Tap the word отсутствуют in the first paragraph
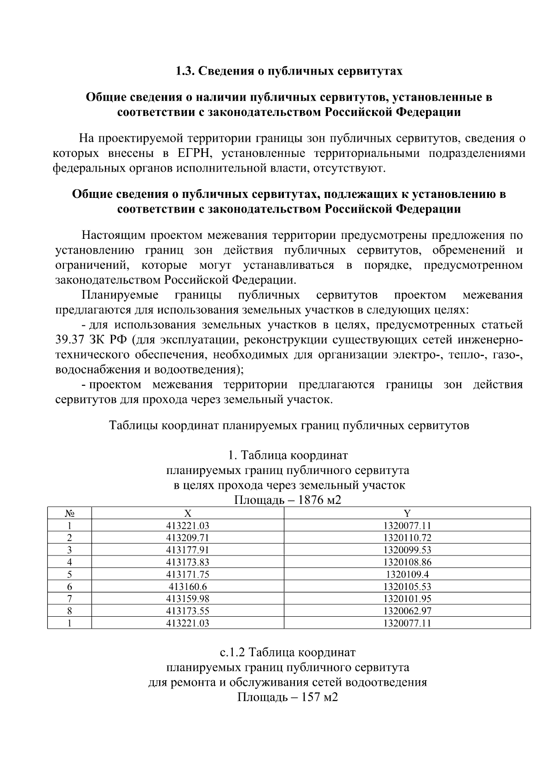(x=348, y=168)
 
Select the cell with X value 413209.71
(x=188, y=538)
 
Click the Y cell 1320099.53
(x=407, y=550)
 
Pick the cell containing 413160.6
(x=188, y=587)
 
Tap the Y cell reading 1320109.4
(x=407, y=574)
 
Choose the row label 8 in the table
(x=69, y=611)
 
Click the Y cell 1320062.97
(x=407, y=611)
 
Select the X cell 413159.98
(x=188, y=599)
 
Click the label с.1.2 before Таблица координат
(x=234, y=653)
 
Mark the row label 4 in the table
(x=69, y=562)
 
